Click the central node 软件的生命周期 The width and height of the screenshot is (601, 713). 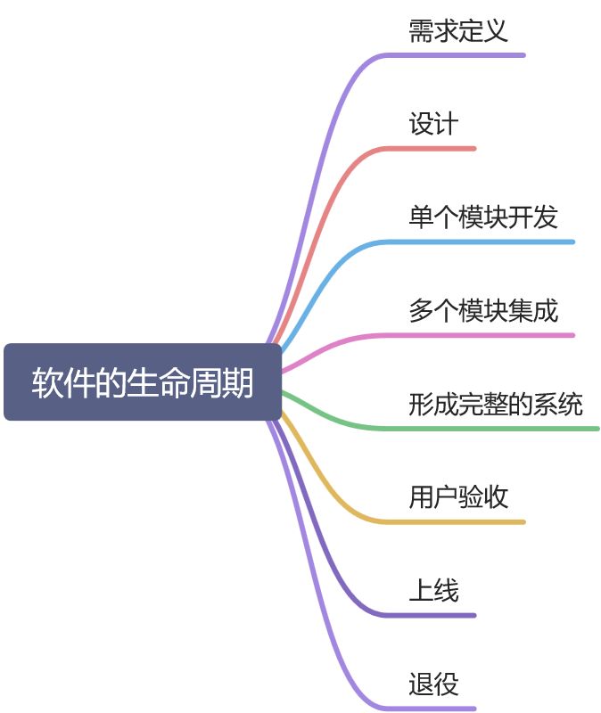click(143, 382)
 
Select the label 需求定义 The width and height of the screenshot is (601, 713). click(458, 31)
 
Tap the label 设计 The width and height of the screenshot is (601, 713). click(433, 124)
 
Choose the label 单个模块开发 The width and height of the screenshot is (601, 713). click(483, 217)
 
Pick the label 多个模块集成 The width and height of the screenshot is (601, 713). click(483, 311)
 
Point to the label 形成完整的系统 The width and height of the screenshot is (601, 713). click(496, 404)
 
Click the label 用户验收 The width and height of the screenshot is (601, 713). click(458, 496)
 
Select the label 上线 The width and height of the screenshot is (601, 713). click(433, 590)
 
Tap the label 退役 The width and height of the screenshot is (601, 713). click(433, 684)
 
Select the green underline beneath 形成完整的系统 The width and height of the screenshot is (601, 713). click(499, 429)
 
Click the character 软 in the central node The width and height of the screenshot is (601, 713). click(45, 383)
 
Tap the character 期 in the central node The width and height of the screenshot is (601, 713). click(240, 383)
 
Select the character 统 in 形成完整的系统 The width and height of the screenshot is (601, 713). click(571, 404)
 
